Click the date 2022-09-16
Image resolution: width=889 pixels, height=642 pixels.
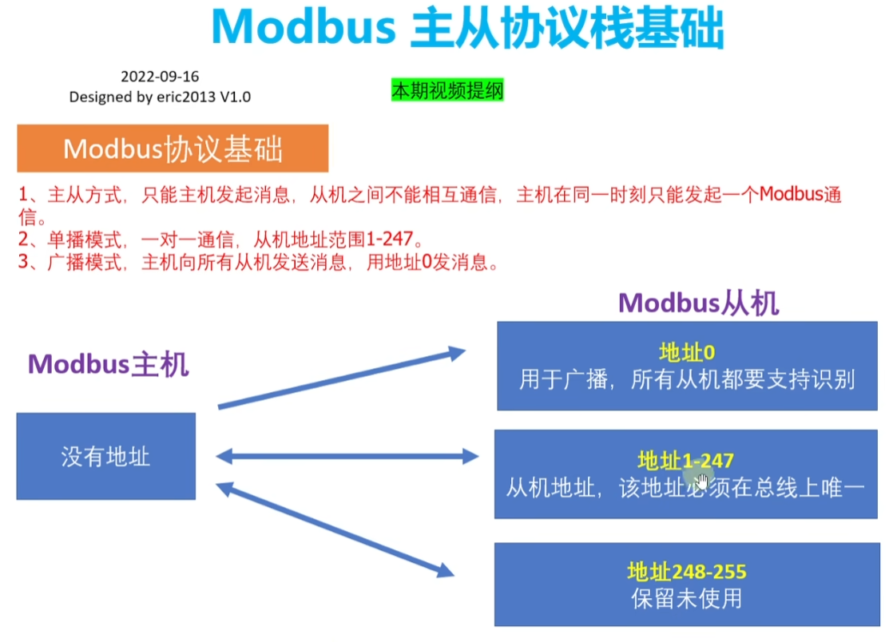click(160, 77)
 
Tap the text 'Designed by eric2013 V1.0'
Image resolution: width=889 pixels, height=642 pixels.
click(160, 97)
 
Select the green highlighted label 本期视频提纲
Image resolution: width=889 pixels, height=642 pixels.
click(447, 91)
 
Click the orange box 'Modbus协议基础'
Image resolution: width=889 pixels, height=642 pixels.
click(173, 149)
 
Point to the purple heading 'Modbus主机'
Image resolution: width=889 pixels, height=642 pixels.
click(108, 364)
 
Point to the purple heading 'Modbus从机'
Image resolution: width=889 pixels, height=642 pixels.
click(698, 303)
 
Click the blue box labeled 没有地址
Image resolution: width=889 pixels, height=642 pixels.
click(105, 457)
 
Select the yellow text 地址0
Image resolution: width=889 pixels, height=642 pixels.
click(686, 352)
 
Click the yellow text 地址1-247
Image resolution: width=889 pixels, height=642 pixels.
click(685, 460)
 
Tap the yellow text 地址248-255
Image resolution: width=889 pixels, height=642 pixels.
click(687, 572)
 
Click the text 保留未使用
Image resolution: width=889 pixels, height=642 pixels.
click(687, 598)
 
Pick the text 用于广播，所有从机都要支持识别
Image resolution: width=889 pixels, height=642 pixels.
click(687, 379)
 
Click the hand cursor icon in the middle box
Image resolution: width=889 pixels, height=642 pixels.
click(702, 481)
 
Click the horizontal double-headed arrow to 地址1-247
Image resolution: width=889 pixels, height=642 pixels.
click(347, 457)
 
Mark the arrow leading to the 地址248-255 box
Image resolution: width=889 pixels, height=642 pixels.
click(335, 529)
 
